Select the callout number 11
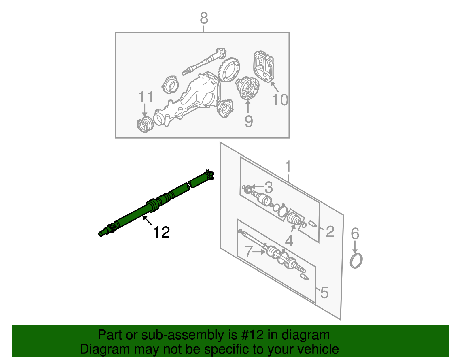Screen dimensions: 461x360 click(146, 97)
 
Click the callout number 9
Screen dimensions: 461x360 click(249, 121)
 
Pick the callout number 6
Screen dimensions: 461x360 click(355, 233)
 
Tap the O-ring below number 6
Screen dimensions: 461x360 click(356, 261)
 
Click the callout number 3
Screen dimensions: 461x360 click(269, 188)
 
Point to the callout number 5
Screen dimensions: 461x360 click(324, 292)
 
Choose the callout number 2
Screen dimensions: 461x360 click(330, 231)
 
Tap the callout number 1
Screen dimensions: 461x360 click(288, 166)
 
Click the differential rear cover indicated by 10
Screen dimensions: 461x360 click(264, 66)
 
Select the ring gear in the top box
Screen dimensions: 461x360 click(229, 69)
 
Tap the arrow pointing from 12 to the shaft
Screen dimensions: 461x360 click(147, 220)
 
